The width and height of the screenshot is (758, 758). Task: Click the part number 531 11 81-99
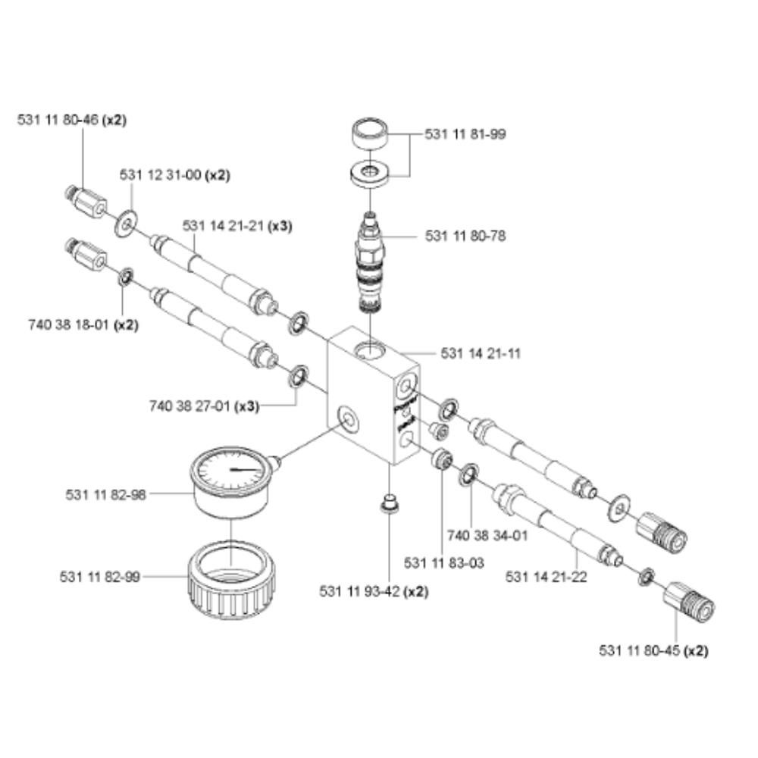click(x=465, y=134)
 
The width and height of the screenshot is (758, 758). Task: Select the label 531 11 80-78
click(x=465, y=236)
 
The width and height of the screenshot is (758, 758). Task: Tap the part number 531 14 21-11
click(x=481, y=353)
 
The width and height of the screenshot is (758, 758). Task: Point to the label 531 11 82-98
click(x=106, y=494)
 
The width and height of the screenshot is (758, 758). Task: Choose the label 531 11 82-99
click(x=100, y=577)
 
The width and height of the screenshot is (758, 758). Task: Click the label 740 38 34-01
click(x=487, y=536)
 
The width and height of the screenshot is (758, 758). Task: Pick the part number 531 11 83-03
click(x=444, y=563)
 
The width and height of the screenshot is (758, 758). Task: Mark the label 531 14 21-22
click(x=547, y=577)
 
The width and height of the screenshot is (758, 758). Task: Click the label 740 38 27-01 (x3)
click(x=204, y=406)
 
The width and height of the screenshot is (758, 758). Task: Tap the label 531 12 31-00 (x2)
click(x=175, y=174)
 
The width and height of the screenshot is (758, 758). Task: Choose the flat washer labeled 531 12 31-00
click(x=126, y=224)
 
